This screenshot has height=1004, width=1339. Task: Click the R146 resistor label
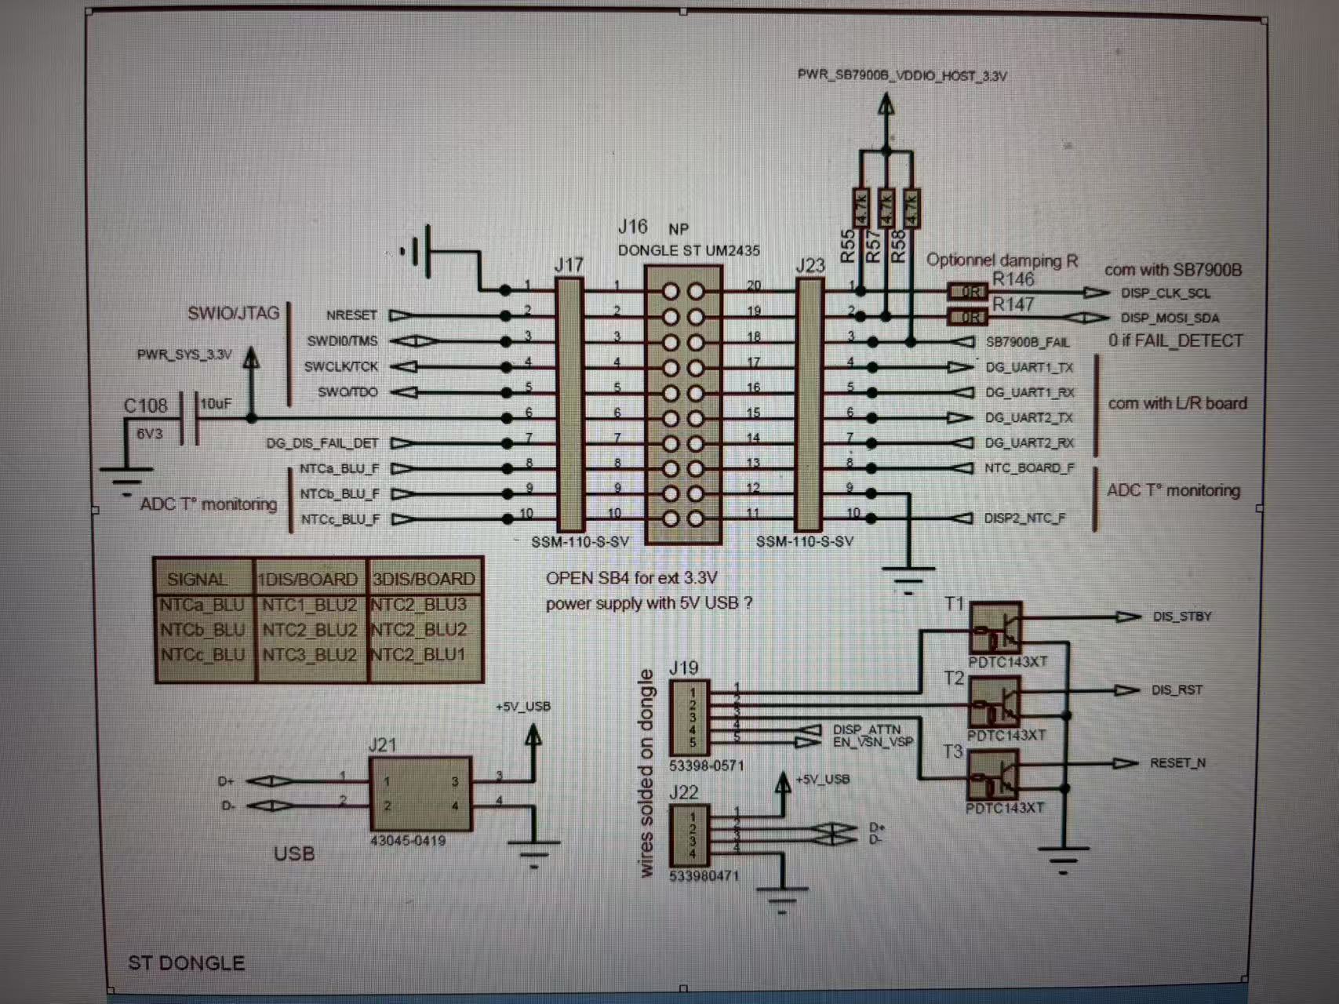1013,279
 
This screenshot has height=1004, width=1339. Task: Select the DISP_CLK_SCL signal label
1165,293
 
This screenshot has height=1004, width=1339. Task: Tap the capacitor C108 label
146,406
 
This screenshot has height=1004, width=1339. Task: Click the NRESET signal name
351,315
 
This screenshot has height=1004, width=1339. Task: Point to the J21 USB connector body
420,794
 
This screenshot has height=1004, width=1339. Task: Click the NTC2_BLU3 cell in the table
420,605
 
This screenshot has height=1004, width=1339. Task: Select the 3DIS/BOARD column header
424,579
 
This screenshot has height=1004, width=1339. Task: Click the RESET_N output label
1177,763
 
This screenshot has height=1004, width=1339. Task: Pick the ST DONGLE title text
186,963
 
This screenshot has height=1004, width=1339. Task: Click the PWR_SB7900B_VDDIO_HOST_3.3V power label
902,76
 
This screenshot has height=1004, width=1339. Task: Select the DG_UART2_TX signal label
1029,418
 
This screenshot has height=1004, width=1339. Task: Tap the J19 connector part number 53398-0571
706,766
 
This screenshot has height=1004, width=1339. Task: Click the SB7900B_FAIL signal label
1027,343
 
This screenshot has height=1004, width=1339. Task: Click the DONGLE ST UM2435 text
689,251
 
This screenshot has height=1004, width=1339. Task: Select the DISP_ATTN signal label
866,729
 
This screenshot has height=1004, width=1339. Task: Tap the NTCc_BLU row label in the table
203,654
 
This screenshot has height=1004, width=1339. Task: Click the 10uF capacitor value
216,404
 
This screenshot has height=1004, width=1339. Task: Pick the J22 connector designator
683,792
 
